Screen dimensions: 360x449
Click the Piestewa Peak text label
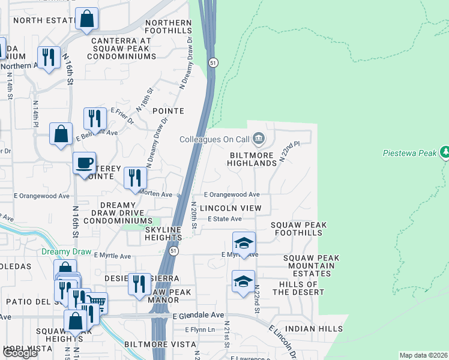[410, 153]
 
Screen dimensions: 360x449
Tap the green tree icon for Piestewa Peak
[445, 152]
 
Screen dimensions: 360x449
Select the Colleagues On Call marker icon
[259, 139]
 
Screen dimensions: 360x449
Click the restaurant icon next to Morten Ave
[135, 178]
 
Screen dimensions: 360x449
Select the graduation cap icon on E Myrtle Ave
[244, 244]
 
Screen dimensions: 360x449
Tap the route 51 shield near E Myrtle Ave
[173, 251]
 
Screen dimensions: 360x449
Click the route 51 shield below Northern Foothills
[212, 62]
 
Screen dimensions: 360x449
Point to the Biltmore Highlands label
[252, 158]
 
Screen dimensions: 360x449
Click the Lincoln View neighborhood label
[231, 208]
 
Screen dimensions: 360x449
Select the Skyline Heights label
[163, 233]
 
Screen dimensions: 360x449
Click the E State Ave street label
[224, 219]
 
